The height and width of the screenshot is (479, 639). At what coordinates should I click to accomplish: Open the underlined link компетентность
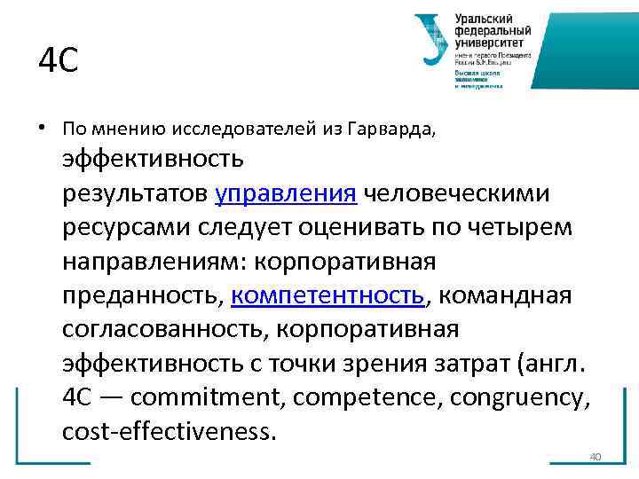tap(328, 295)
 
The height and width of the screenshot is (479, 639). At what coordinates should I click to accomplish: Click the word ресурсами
tap(122, 228)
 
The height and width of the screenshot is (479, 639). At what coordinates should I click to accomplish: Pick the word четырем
tap(522, 228)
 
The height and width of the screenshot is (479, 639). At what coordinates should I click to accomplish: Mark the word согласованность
tap(166, 329)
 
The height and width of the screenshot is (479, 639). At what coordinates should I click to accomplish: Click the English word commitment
tap(196, 397)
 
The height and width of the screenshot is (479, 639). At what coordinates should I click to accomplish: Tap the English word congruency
tap(517, 397)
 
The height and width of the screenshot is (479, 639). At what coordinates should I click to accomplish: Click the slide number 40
tap(596, 456)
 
